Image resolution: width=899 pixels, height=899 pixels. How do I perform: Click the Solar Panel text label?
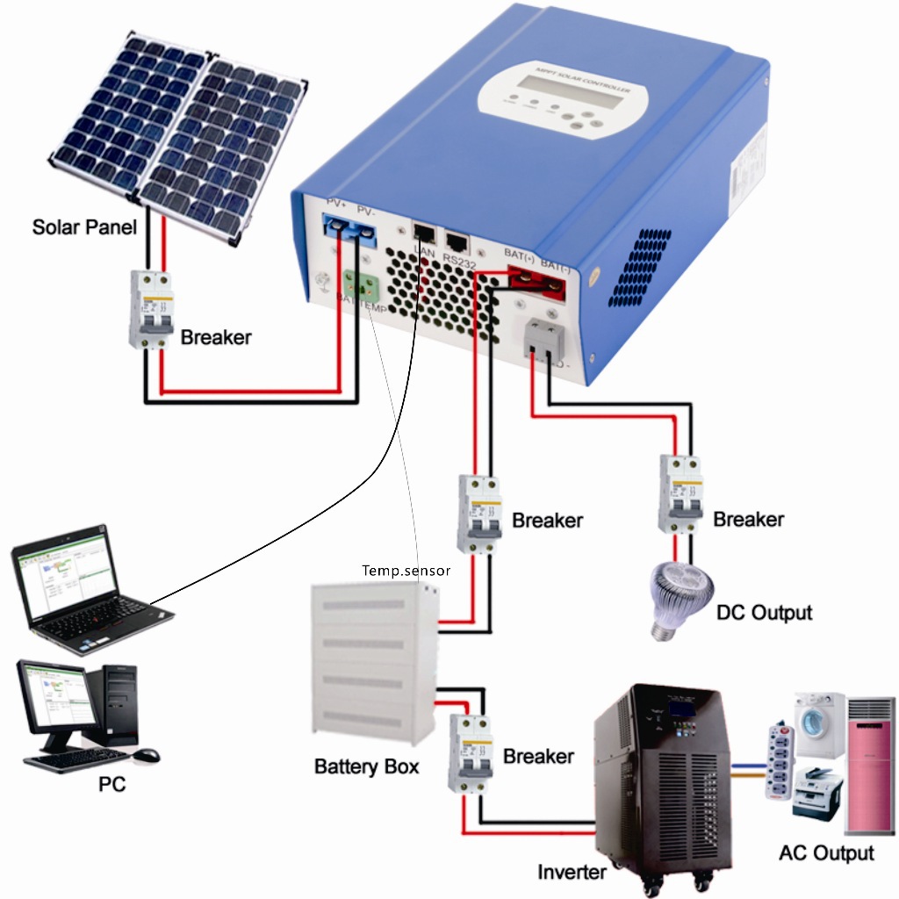click(x=84, y=227)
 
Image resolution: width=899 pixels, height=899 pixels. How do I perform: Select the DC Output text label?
click(x=764, y=612)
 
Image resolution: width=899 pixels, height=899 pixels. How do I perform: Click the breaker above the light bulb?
click(x=681, y=495)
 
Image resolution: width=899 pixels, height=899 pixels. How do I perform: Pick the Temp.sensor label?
click(x=406, y=571)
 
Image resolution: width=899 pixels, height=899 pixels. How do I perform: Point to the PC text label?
click(x=111, y=784)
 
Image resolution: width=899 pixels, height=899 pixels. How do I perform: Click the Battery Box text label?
click(x=367, y=766)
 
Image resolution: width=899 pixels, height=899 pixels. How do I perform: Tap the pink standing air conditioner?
click(x=869, y=763)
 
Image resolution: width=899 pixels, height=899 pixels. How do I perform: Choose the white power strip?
click(x=773, y=760)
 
